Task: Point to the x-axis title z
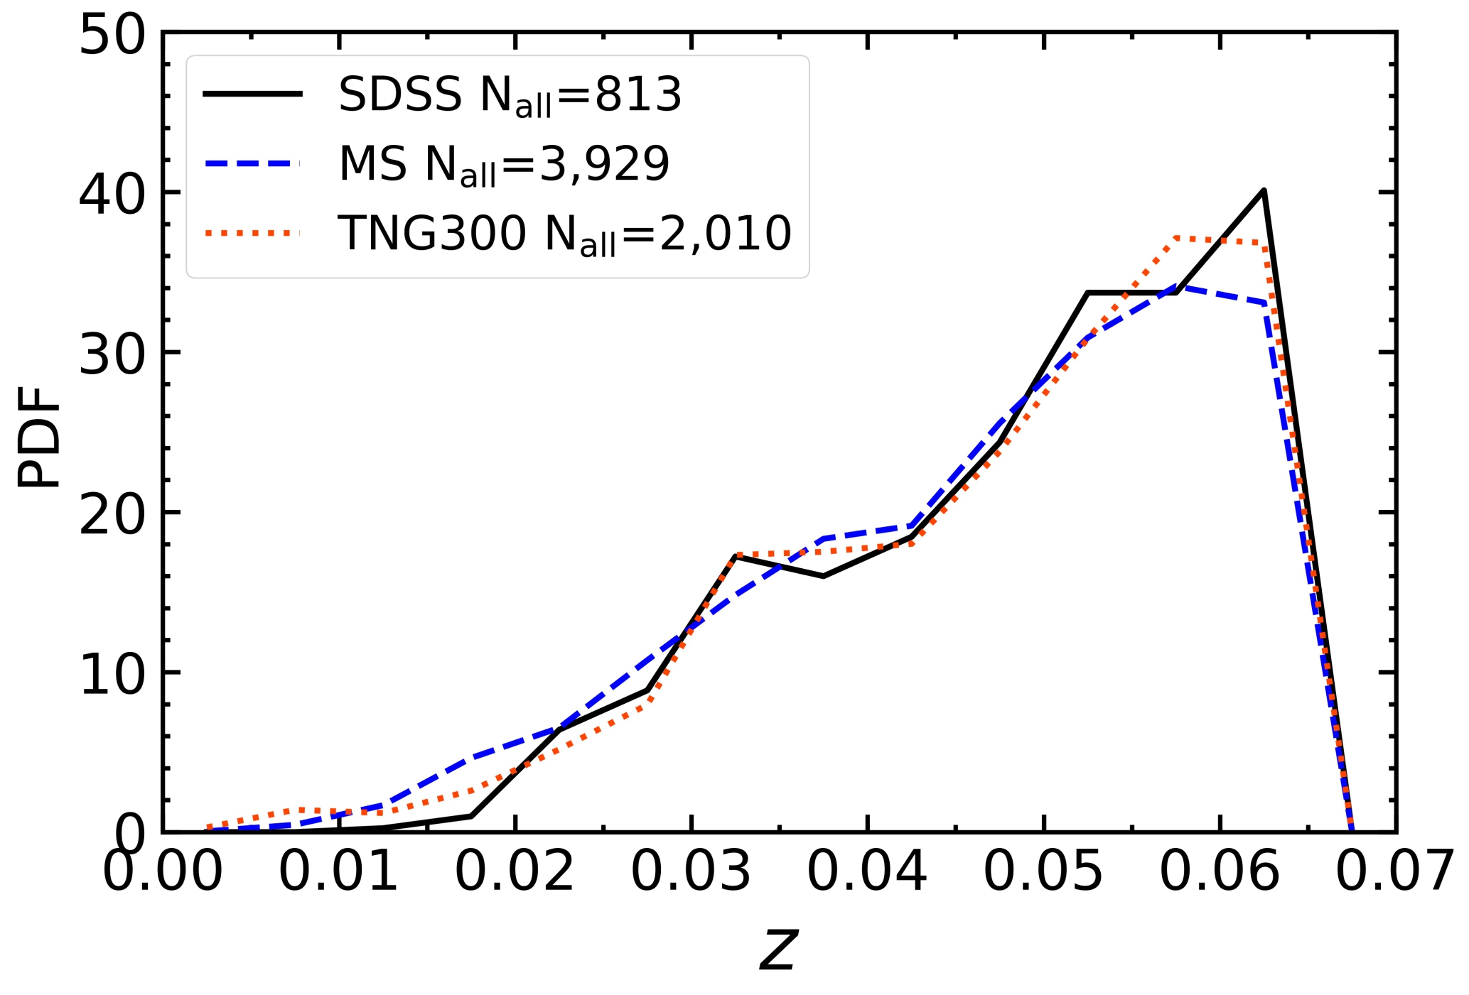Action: (779, 950)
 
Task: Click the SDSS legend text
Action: (510, 95)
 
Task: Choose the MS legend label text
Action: (504, 165)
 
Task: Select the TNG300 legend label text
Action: (564, 234)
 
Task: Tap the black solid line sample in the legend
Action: (252, 94)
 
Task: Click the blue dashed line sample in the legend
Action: (252, 163)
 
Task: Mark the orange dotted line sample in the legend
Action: (252, 232)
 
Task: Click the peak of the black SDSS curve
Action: (1264, 190)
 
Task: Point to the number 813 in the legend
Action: (638, 95)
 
